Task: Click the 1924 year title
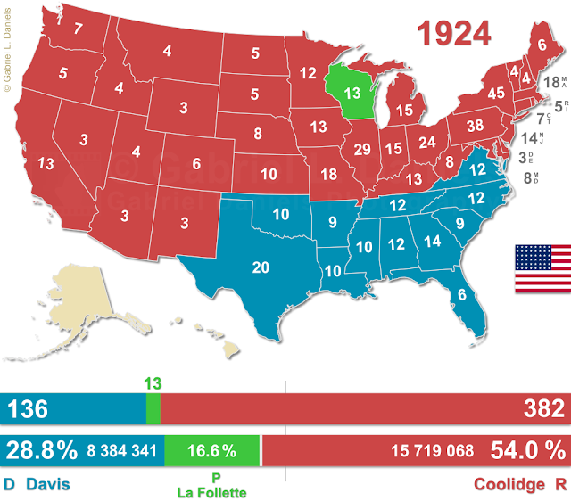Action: pyautogui.click(x=455, y=32)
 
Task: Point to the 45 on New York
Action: pyautogui.click(x=472, y=93)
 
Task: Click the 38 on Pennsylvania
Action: pyautogui.click(x=475, y=126)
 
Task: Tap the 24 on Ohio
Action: pyautogui.click(x=427, y=142)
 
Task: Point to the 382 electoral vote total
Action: pyautogui.click(x=542, y=410)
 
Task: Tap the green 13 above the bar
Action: pyautogui.click(x=153, y=383)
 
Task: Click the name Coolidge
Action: pyautogui.click(x=507, y=484)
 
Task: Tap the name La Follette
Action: pyautogui.click(x=211, y=491)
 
